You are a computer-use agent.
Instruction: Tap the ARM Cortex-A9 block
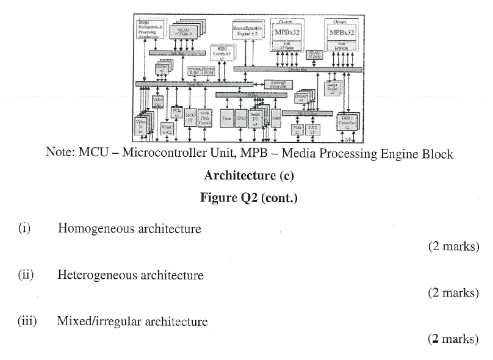[x=220, y=54]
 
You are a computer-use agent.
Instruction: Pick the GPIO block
[x=241, y=119]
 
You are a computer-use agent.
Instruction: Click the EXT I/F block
[x=313, y=129]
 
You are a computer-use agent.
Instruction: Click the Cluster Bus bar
[x=297, y=70]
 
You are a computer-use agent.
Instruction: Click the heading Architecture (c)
[x=249, y=176]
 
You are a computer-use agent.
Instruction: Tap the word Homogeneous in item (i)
[x=96, y=229]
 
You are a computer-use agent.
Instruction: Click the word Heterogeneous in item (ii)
[x=98, y=275]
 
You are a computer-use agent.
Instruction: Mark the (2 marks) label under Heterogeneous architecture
[x=453, y=293]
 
